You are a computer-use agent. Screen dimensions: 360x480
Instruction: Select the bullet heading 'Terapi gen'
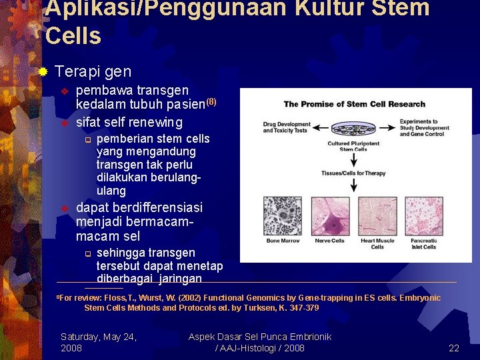(x=93, y=71)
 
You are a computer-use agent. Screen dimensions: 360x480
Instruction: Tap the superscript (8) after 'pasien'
(x=211, y=102)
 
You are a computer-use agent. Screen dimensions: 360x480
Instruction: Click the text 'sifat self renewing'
(x=129, y=122)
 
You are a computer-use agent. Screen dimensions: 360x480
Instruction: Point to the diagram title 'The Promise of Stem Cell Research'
(x=354, y=104)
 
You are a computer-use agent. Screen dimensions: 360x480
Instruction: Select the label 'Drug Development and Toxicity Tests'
(x=287, y=127)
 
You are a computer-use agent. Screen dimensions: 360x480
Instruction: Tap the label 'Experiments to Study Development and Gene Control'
(x=424, y=128)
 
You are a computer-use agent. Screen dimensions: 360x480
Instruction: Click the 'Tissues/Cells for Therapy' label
(x=353, y=173)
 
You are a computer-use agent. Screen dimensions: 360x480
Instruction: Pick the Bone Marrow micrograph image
(x=283, y=215)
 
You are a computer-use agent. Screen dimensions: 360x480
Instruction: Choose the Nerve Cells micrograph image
(x=329, y=215)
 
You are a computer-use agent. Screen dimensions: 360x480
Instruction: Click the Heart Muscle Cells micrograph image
(x=377, y=215)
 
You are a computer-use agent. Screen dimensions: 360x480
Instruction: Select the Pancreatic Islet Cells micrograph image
(x=424, y=215)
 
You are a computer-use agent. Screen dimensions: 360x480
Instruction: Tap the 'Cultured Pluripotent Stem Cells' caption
(x=353, y=147)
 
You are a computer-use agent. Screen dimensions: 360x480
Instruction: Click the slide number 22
(x=454, y=348)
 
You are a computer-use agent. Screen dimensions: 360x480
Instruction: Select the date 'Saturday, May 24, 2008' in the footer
(x=99, y=343)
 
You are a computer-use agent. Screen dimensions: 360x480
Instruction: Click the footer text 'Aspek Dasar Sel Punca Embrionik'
(x=259, y=337)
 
